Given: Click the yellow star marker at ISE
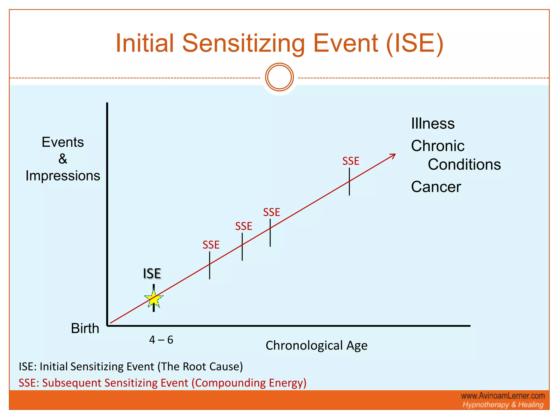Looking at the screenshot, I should coord(154,299).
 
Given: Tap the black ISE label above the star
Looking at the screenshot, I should coord(152,274).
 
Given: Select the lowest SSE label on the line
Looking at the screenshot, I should coord(211,245).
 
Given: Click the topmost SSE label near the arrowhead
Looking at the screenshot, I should coord(351,161).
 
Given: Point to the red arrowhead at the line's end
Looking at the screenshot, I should coord(393,156).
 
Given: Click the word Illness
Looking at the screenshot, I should coord(433,124).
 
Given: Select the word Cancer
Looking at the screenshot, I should coord(436,187).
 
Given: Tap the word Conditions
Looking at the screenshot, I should coord(464,164).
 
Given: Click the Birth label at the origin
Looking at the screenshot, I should coord(85,328).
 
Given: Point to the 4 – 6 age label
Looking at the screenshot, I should coord(161,340).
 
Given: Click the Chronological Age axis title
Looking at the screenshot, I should coord(316,346).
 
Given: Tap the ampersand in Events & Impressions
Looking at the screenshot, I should coord(63,159).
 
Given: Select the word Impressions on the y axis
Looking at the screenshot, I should coord(63,176).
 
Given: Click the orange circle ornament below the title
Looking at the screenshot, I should coord(279,77).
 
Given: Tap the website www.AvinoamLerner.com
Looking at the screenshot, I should coord(503,396).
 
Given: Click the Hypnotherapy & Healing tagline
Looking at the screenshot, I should coord(503,405).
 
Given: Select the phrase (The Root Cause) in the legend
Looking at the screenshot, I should coord(200,366).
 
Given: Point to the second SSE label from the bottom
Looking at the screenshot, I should coord(243,226).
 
